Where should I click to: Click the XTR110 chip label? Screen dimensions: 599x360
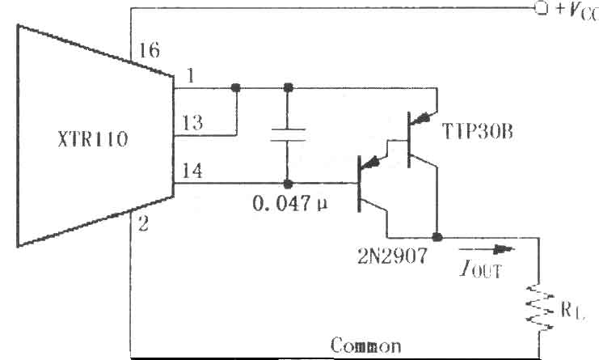(x=93, y=139)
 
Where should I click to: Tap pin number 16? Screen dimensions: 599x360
(x=150, y=50)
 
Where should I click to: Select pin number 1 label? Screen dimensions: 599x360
(x=190, y=75)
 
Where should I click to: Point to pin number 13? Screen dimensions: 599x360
(x=192, y=123)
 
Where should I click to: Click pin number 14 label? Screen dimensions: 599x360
(x=192, y=171)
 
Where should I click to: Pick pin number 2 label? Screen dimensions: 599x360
(x=143, y=224)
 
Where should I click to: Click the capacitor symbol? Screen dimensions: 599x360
(x=288, y=135)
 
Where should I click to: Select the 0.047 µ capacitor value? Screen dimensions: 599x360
(x=290, y=204)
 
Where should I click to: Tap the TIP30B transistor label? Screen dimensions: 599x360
(x=477, y=131)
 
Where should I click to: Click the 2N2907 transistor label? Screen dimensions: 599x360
(x=392, y=256)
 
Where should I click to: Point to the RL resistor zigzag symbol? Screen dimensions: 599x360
(x=539, y=307)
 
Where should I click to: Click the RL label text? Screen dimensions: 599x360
(x=572, y=310)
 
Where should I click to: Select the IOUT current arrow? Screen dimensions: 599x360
(x=487, y=249)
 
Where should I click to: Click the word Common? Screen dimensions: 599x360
(x=366, y=345)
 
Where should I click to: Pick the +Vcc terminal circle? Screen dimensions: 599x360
(x=541, y=8)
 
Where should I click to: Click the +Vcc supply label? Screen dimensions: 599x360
(x=577, y=10)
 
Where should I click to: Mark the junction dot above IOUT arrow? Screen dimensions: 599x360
(x=437, y=237)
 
